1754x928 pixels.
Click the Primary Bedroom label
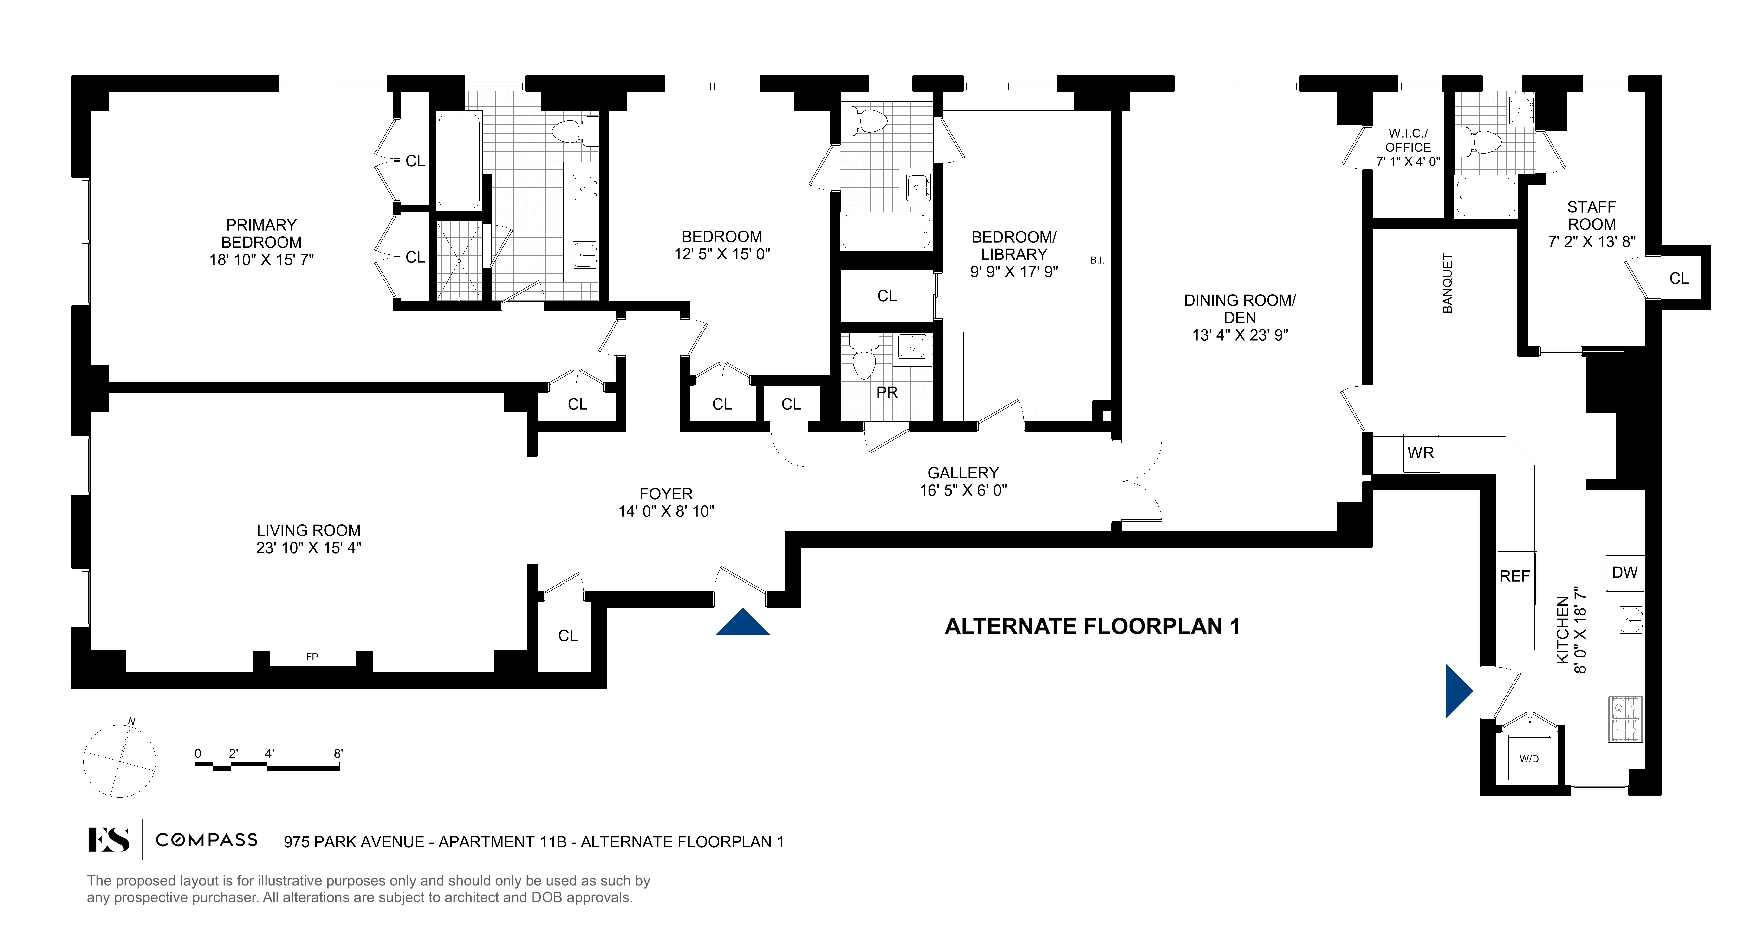click(261, 233)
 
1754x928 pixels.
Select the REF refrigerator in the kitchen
click(1515, 577)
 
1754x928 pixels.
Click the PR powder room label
click(887, 392)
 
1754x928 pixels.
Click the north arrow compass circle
click(120, 761)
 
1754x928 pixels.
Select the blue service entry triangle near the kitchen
click(1457, 691)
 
